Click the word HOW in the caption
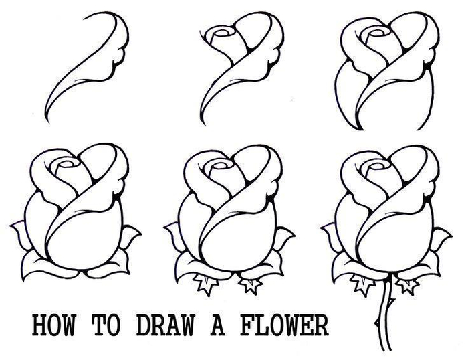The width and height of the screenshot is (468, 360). pyautogui.click(x=53, y=325)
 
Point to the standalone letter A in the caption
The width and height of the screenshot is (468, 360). pyautogui.click(x=217, y=325)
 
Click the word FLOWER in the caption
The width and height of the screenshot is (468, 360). pyautogui.click(x=284, y=325)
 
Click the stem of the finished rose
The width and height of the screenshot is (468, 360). pyautogui.click(x=384, y=317)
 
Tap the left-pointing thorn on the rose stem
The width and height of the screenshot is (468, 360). pyautogui.click(x=377, y=323)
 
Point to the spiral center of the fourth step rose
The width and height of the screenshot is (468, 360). pyautogui.click(x=66, y=165)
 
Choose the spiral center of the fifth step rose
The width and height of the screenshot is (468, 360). pyautogui.click(x=220, y=166)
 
